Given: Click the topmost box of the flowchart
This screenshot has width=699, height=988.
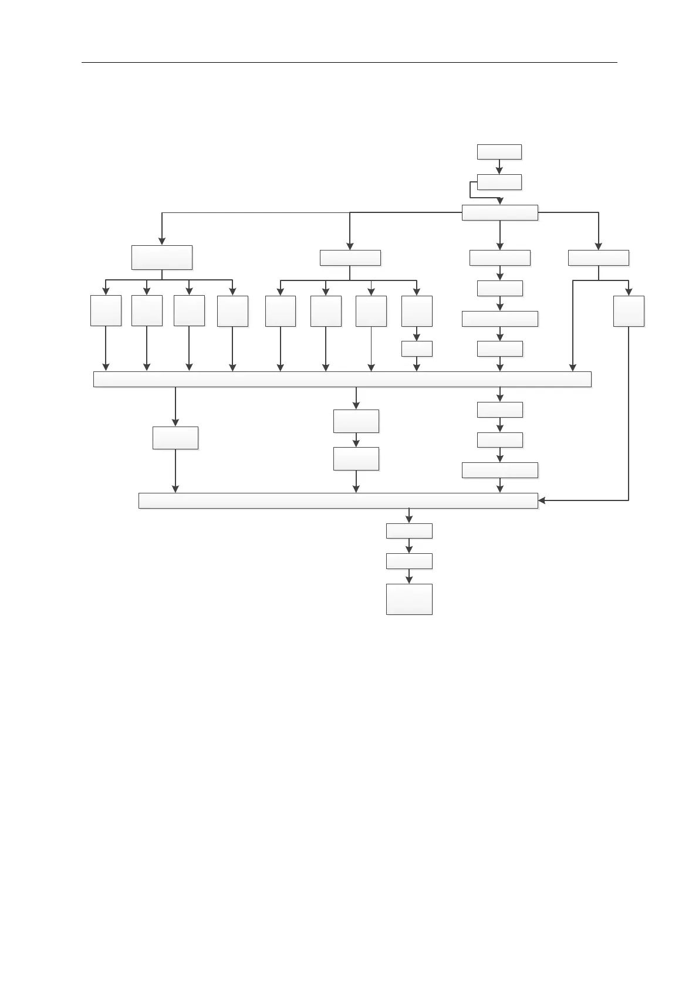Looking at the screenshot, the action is (x=499, y=151).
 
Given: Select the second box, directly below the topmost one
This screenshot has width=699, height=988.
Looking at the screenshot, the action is (x=499, y=182).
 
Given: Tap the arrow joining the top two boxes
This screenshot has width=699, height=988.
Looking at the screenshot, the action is (x=499, y=167).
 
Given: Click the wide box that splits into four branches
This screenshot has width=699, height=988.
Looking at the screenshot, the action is (x=499, y=212).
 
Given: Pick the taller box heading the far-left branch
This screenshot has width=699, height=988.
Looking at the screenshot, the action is (x=162, y=258).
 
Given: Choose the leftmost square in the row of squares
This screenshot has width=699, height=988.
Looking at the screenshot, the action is (x=106, y=310).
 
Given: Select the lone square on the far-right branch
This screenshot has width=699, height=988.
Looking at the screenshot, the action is (x=629, y=311).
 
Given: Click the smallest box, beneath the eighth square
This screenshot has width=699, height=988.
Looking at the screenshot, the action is (x=417, y=348).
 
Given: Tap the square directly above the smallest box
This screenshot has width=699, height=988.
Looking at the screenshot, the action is (x=417, y=311).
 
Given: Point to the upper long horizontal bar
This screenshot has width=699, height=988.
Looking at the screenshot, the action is (x=342, y=379).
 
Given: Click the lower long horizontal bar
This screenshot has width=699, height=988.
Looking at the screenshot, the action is (x=338, y=500).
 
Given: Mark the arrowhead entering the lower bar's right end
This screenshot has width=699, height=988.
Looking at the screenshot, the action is (x=542, y=500).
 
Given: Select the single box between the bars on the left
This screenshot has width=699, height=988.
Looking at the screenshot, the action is (x=175, y=438).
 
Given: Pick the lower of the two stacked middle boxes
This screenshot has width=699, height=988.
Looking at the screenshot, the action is (x=356, y=458).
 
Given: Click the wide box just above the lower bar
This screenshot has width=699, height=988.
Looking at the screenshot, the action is (x=499, y=470).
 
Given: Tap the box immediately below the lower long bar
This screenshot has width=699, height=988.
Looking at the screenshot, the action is (x=409, y=530).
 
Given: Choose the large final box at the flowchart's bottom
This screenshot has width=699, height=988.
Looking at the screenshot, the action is (x=409, y=599).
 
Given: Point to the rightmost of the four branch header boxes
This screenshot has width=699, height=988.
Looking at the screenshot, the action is (x=599, y=258).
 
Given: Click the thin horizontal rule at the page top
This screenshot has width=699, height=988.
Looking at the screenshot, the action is (x=349, y=62).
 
